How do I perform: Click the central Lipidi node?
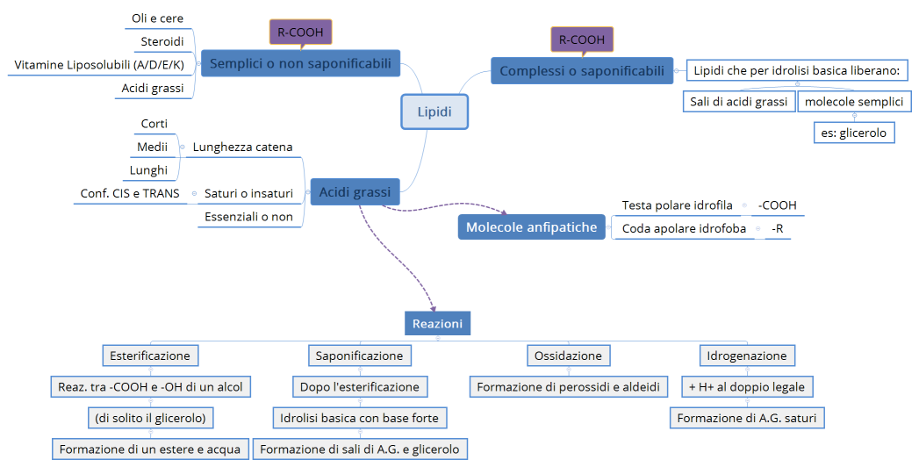point(434,112)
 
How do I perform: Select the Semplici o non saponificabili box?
point(300,63)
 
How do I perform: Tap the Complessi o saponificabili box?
point(582,71)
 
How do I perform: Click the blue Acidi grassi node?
point(355,192)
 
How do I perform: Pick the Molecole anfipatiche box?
point(531,227)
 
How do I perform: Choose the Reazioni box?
point(437,324)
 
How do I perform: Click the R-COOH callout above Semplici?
point(300,32)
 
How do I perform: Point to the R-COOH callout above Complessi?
point(582,40)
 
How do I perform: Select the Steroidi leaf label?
point(162,41)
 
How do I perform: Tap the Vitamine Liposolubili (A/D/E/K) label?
point(99,65)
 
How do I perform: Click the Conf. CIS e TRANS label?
point(130,193)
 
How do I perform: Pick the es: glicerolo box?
point(854,133)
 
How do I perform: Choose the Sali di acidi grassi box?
point(738,102)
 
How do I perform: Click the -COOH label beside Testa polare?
point(777,205)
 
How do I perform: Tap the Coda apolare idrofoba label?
point(684,229)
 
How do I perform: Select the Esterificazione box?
point(150,356)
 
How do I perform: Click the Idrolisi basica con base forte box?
point(359,418)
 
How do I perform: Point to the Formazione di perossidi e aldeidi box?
point(567,386)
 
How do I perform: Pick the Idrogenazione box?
point(747,356)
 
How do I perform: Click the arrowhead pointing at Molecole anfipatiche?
point(505,212)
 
